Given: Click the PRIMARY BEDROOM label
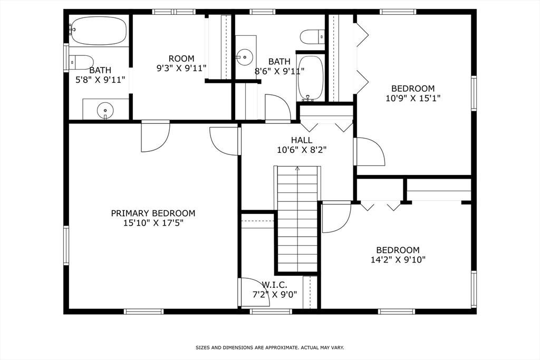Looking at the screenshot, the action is coord(153,213).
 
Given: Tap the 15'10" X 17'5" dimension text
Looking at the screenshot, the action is coord(153,223).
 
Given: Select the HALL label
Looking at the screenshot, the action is coord(302,140).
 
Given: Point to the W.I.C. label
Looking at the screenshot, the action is coord(274,285).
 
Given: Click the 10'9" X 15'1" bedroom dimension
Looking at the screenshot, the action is coord(413,98).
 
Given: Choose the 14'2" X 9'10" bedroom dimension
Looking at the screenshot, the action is coord(398,259).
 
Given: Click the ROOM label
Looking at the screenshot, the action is coord(181,59).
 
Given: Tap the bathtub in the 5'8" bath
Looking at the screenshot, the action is coord(98,30).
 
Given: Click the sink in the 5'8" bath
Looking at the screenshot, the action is coord(105,110).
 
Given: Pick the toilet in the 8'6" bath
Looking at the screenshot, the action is coord(312,36).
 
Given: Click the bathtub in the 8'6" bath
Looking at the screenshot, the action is coord(310,79).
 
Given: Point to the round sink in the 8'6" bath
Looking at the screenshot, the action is coord(245,57).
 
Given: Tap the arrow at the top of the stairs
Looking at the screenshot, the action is coord(297,168).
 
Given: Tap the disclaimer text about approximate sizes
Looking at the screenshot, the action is coord(270,347).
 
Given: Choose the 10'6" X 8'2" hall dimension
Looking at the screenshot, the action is coord(302,150).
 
